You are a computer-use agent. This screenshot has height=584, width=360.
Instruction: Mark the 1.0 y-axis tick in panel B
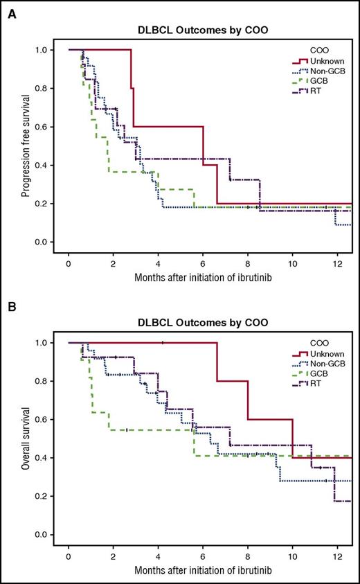click(x=41, y=343)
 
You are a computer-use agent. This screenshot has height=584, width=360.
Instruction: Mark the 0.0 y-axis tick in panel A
click(x=41, y=242)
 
